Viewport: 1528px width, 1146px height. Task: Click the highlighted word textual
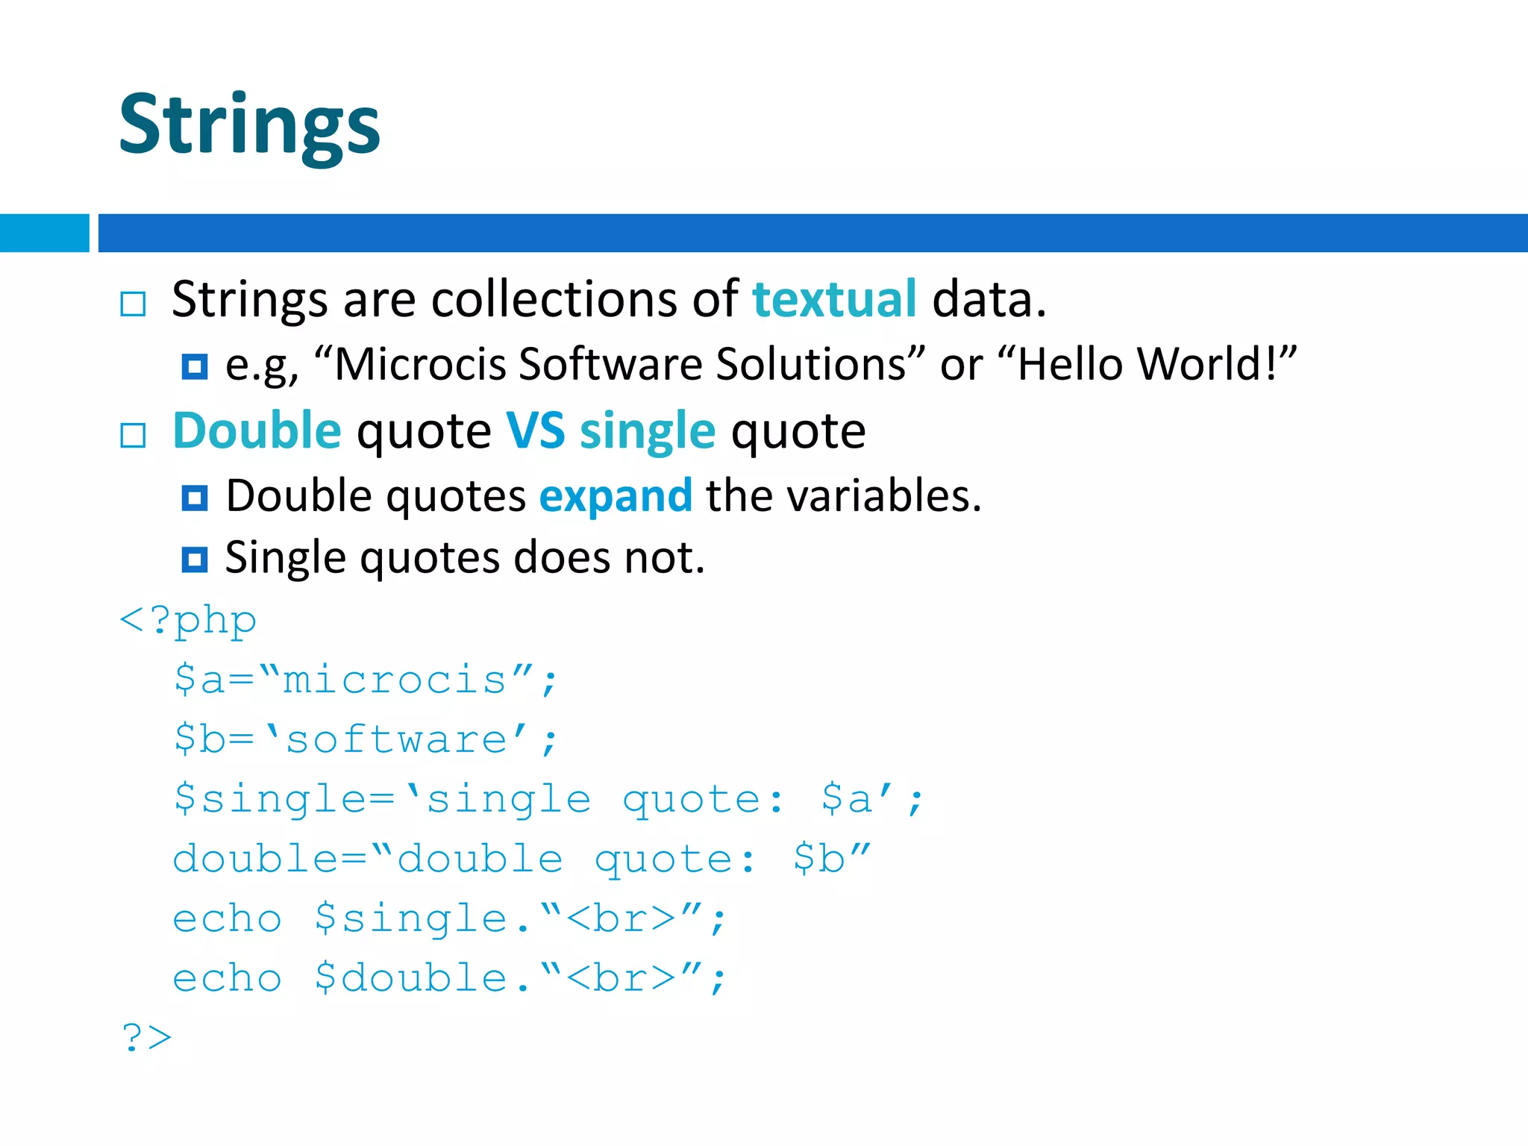834,299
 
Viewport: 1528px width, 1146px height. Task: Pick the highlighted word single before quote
648,432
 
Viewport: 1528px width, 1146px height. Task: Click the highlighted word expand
616,496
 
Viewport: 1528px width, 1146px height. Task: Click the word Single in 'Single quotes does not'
284,558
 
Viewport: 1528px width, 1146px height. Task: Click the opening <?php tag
188,621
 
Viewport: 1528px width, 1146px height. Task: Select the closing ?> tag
146,1038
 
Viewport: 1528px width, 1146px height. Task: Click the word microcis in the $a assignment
395,680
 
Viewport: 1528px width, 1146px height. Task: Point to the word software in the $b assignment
396,740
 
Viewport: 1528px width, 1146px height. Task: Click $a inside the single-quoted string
846,799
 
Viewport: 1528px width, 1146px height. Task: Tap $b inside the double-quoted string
818,859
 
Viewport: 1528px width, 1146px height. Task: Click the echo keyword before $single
228,918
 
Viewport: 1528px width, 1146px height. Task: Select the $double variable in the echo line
411,978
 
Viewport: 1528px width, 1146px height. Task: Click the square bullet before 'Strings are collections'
133,304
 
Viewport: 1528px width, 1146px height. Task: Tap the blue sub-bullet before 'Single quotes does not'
195,559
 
